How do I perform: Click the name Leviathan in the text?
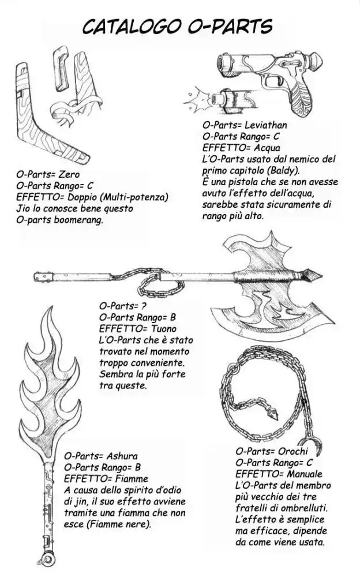tap(265, 125)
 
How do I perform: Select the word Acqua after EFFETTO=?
tap(262, 148)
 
